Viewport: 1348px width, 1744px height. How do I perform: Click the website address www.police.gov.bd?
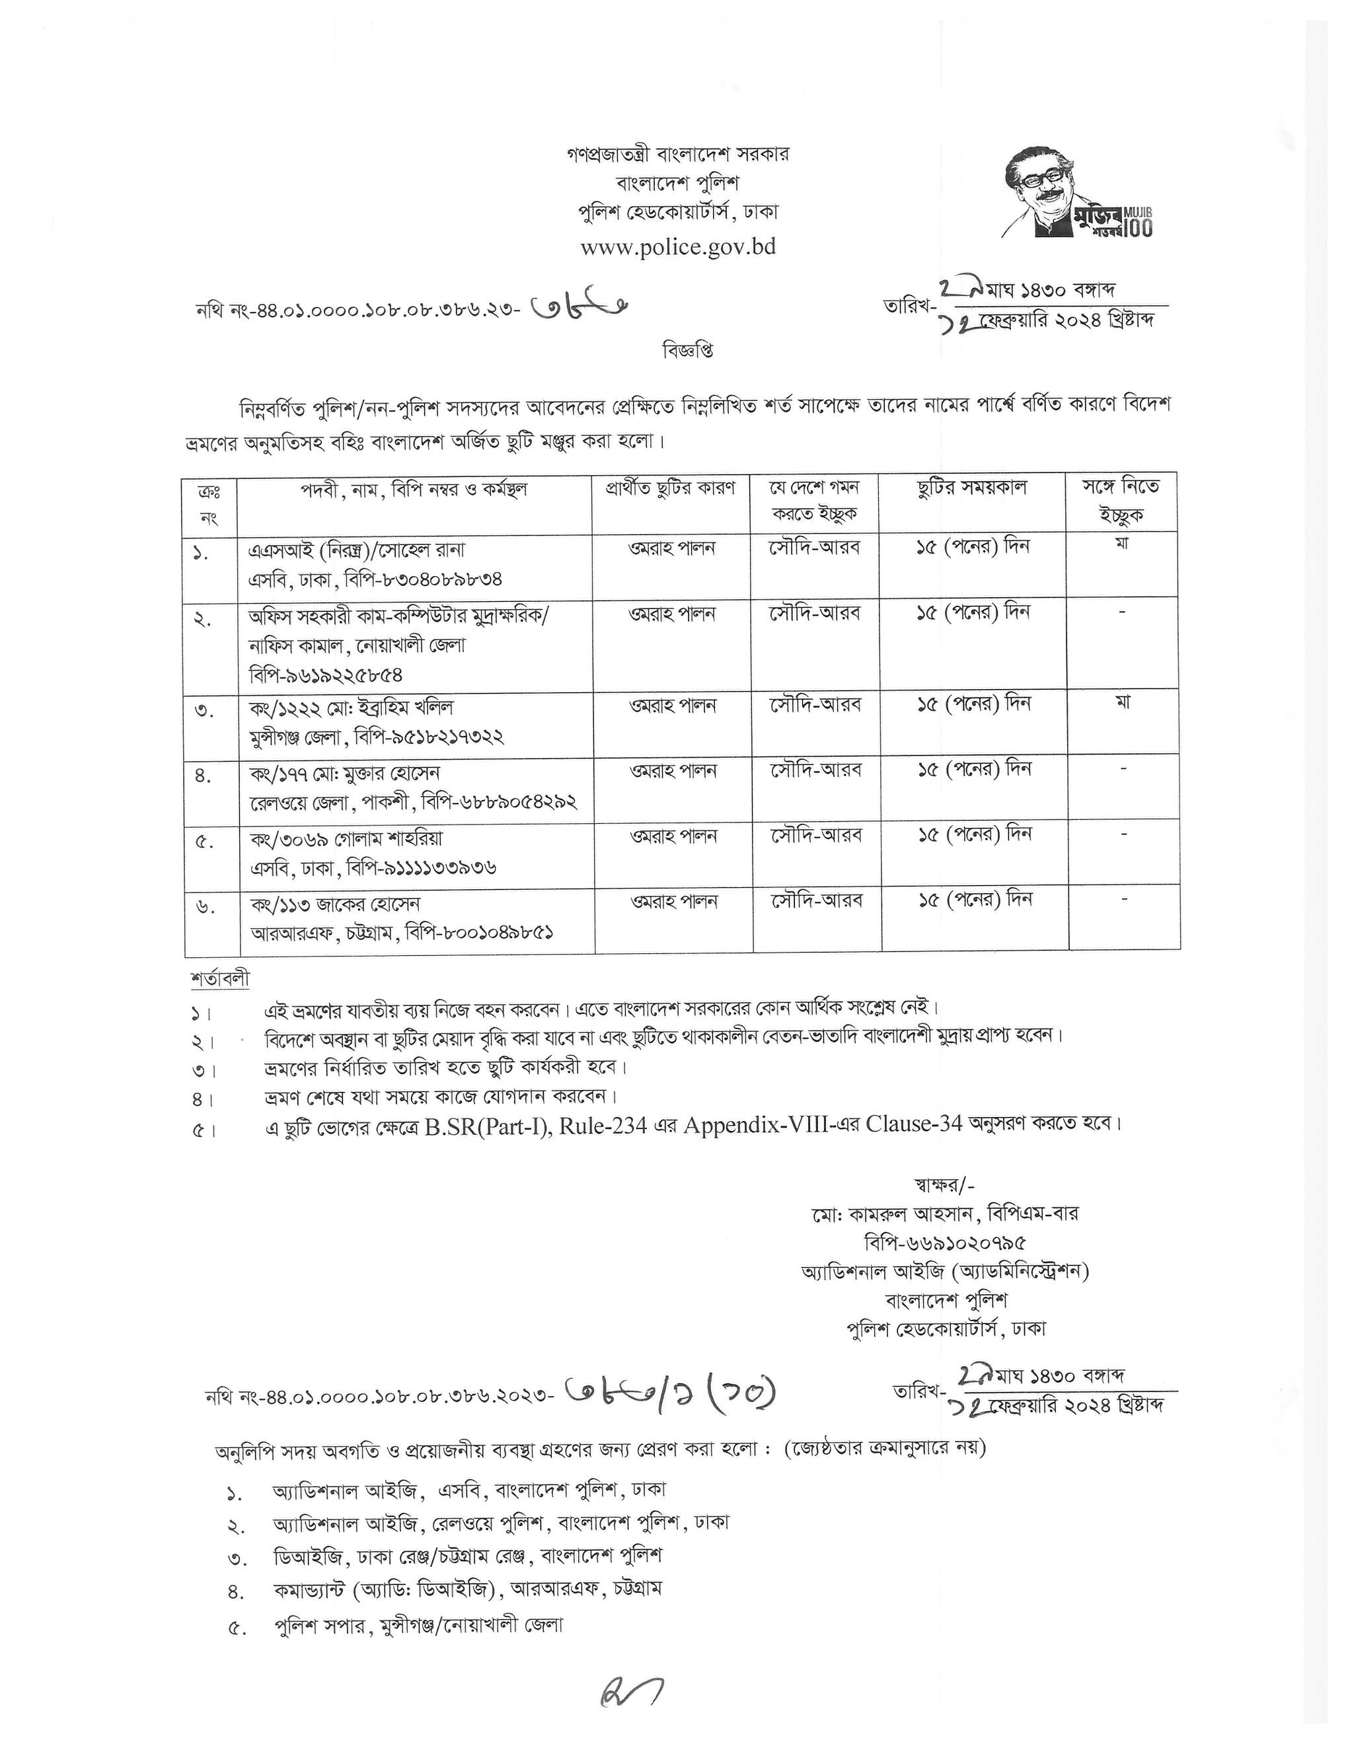(x=678, y=247)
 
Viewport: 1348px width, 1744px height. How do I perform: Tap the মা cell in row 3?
(x=1123, y=704)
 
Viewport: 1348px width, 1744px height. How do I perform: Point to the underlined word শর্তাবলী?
(x=221, y=979)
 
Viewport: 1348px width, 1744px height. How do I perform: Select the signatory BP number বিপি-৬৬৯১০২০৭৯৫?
(x=946, y=1243)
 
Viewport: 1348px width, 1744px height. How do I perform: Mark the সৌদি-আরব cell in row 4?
(x=816, y=770)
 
